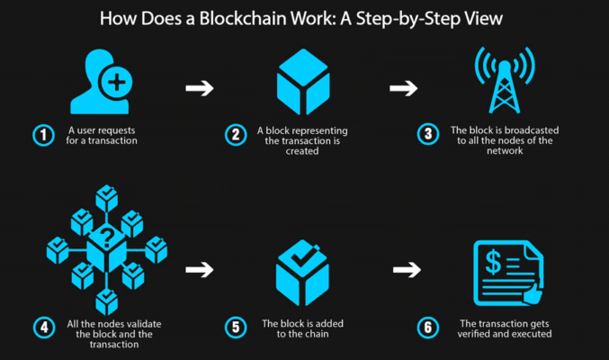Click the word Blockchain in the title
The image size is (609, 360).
coord(242,18)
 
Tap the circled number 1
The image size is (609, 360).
coord(43,135)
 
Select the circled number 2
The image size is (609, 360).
coord(236,135)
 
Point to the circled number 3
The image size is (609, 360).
coord(428,134)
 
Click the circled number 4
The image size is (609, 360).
coord(44,328)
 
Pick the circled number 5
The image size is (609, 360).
coord(236,328)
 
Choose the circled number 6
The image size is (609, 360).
coord(428,328)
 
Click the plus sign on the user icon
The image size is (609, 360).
coord(116,83)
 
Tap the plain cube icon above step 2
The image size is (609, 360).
coord(303,82)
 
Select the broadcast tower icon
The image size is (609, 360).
coord(505,80)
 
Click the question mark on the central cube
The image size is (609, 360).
coord(107,238)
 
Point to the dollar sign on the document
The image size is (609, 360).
coord(493,263)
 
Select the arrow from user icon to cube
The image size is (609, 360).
coord(200,88)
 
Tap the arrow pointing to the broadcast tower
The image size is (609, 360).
coord(404,88)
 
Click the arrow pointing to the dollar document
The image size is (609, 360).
coord(407,270)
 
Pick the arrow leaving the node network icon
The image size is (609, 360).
coord(200,270)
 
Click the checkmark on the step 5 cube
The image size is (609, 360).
coord(303,257)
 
